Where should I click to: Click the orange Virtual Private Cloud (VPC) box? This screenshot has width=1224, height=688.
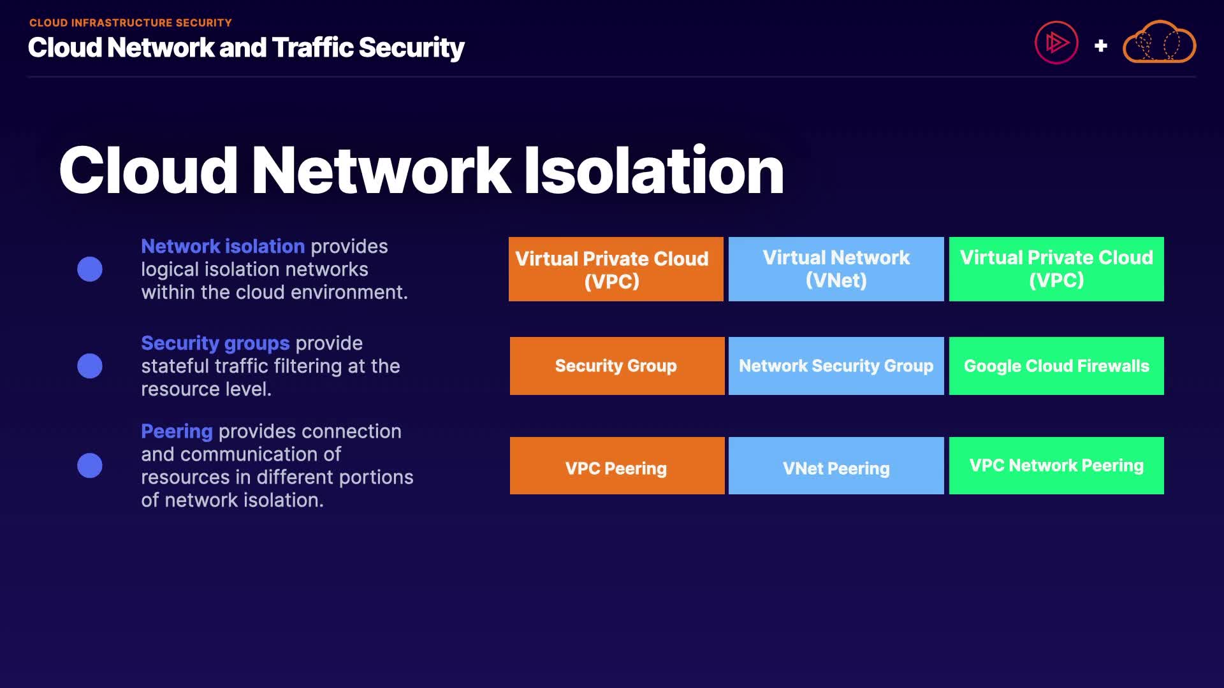tap(616, 269)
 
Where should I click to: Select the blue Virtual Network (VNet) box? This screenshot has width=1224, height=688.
tap(836, 269)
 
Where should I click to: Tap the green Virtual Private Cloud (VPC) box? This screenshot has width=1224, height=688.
tap(1056, 269)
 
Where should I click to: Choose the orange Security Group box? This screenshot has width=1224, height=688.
tap(616, 366)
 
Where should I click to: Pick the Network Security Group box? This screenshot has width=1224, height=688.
tap(836, 366)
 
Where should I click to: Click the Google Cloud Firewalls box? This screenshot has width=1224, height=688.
tap(1056, 366)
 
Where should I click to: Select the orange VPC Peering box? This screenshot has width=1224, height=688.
tap(616, 466)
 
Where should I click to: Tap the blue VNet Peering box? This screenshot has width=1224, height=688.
tap(836, 466)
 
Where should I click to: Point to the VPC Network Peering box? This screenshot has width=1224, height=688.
tap(1056, 466)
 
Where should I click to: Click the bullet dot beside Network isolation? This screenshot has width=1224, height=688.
tap(90, 269)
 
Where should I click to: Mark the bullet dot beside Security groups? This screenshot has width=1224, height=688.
tap(90, 366)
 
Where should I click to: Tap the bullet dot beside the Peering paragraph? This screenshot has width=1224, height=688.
tap(90, 466)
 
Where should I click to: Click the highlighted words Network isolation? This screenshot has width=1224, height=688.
tap(222, 247)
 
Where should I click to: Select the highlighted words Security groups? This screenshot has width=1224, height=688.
tap(215, 343)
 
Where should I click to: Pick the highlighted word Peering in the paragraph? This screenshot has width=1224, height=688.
tap(177, 431)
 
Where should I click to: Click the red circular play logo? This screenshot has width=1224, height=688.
tap(1056, 43)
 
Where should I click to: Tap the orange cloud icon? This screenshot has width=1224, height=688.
tap(1159, 43)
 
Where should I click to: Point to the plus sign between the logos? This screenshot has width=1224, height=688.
tap(1100, 46)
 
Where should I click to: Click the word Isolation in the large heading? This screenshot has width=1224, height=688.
tap(653, 170)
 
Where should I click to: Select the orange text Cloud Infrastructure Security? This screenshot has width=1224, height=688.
tap(131, 23)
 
